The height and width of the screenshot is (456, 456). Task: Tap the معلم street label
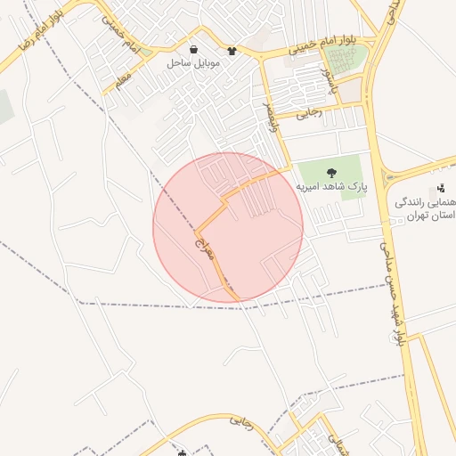pyautogui.click(x=121, y=81)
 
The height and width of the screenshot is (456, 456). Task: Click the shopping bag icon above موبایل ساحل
pyautogui.click(x=194, y=49)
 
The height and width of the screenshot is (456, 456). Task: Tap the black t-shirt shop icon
pyautogui.click(x=232, y=50)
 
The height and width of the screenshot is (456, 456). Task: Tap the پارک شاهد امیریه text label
pyautogui.click(x=332, y=187)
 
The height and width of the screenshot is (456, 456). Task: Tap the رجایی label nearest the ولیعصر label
pyautogui.click(x=307, y=112)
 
